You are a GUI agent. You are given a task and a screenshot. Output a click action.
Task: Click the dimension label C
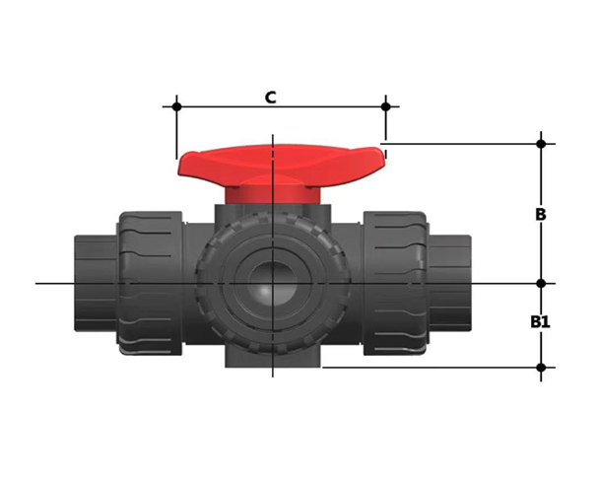(x=270, y=98)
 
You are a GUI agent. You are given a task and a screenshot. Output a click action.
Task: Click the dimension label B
(x=540, y=214)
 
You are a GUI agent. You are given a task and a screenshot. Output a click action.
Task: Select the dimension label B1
(x=540, y=321)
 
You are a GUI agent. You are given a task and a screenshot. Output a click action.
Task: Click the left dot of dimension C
(x=176, y=105)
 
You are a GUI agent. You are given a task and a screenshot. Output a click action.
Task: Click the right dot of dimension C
(x=386, y=105)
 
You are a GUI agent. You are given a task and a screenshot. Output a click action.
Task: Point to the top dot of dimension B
(x=541, y=144)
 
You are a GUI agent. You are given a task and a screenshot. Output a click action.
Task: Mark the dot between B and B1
(x=541, y=284)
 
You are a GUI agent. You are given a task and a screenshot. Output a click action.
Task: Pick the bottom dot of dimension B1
(x=541, y=368)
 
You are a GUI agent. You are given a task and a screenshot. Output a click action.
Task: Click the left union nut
(x=150, y=283)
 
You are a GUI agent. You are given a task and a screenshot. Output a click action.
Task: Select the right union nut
(x=396, y=283)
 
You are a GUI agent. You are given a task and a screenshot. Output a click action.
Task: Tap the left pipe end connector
(x=94, y=283)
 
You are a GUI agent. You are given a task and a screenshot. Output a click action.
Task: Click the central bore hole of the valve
(x=271, y=285)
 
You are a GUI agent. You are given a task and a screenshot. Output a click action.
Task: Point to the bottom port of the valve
(x=272, y=355)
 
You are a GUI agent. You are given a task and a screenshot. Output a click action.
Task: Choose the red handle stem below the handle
(x=272, y=200)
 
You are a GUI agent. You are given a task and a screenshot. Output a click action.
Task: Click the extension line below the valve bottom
(x=433, y=368)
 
